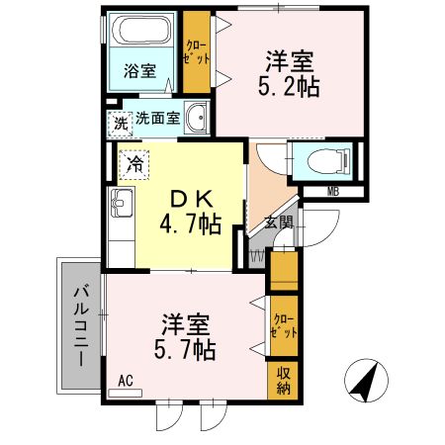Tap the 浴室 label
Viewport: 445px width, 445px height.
tap(140, 70)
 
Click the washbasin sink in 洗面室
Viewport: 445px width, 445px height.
tap(196, 118)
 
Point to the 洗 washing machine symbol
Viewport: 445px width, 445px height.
tap(120, 125)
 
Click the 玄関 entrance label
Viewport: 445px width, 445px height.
tap(278, 223)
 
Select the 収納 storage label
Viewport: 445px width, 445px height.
tap(283, 380)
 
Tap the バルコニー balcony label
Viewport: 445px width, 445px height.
tap(81, 322)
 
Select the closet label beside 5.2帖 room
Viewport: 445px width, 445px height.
tap(196, 52)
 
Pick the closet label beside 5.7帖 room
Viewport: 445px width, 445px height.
tap(283, 325)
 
